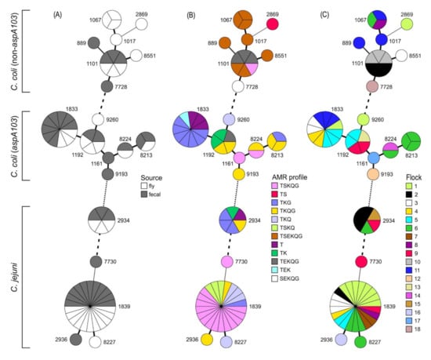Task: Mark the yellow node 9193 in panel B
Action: pyautogui.click(x=238, y=173)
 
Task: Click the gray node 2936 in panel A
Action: pyautogui.click(x=75, y=340)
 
